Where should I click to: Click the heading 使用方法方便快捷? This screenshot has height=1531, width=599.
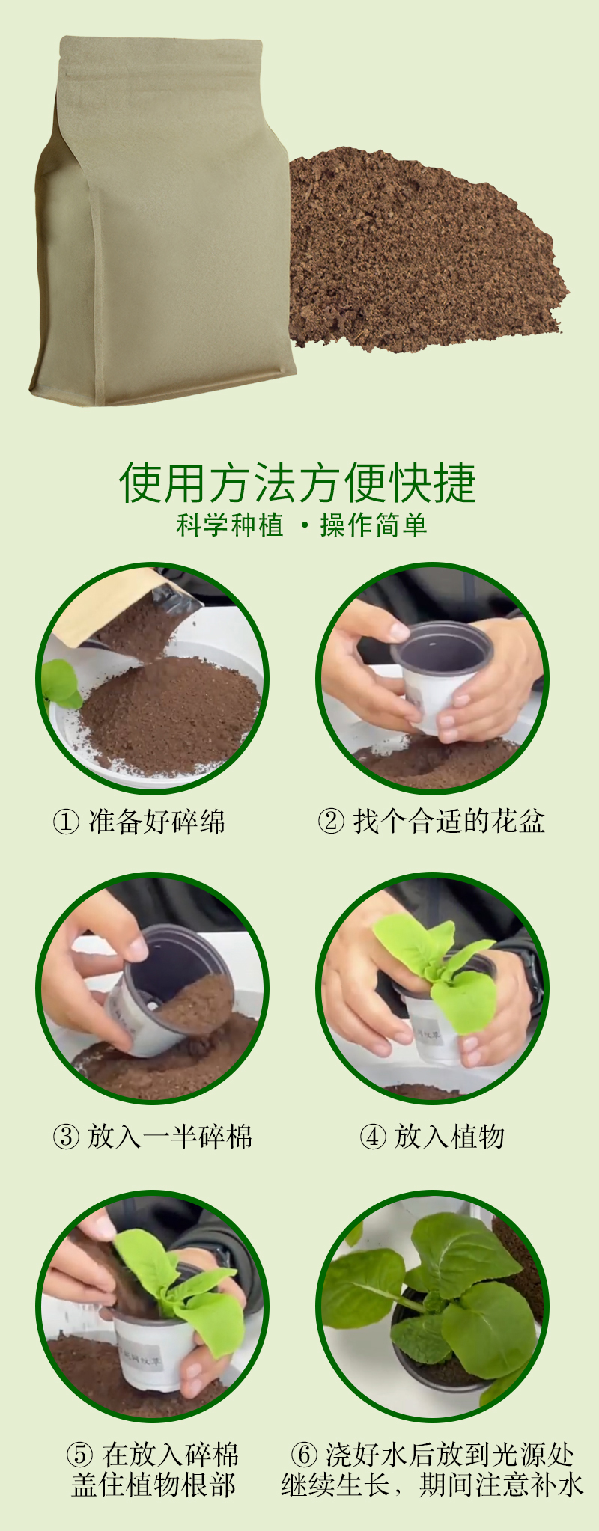(x=298, y=483)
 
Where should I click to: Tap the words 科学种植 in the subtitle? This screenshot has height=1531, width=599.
(x=230, y=525)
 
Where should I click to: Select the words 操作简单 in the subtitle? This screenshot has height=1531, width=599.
(x=374, y=525)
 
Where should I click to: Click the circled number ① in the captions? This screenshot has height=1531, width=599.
(x=66, y=822)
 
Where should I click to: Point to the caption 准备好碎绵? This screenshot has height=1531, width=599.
(x=156, y=822)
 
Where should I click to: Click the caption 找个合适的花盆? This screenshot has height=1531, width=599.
(x=449, y=822)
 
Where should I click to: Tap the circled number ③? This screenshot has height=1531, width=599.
(x=66, y=1137)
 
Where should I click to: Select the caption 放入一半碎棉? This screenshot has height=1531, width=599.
(x=170, y=1137)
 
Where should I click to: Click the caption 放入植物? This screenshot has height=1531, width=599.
(x=449, y=1137)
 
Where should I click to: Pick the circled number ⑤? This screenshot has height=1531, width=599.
(x=79, y=1455)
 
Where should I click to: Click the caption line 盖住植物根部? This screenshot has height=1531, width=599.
(x=153, y=1485)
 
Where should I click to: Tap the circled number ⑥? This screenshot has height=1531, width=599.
(x=304, y=1455)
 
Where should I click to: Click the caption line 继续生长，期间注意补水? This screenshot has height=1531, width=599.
(x=432, y=1485)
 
